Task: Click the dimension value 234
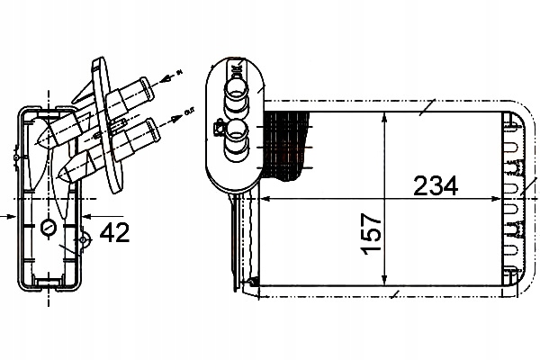pos(436,186)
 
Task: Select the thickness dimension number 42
pos(113,233)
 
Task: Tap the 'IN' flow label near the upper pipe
pos(179,70)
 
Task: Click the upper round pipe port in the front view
pos(237,87)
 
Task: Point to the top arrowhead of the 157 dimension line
pos(385,117)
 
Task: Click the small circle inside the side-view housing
pos(50,227)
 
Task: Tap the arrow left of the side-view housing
pos(8,216)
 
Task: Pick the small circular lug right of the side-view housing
pos(85,240)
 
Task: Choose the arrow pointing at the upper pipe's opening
pos(161,76)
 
